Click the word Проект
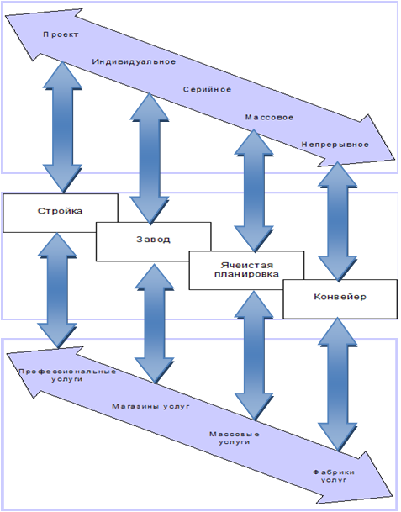61,34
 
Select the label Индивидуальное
134,61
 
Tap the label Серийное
207,89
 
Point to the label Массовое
269,117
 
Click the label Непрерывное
335,145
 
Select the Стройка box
61,213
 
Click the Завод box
154,241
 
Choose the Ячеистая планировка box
246,270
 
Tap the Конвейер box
340,298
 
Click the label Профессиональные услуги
67,376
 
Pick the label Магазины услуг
150,407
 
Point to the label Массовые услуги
235,438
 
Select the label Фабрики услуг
334,476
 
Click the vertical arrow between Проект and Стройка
62,127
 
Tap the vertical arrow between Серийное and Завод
150,159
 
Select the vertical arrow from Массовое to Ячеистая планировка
254,191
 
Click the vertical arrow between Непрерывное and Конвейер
338,222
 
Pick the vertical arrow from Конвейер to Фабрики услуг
338,385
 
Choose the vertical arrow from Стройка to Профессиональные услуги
57,291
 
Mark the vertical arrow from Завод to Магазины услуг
155,324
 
